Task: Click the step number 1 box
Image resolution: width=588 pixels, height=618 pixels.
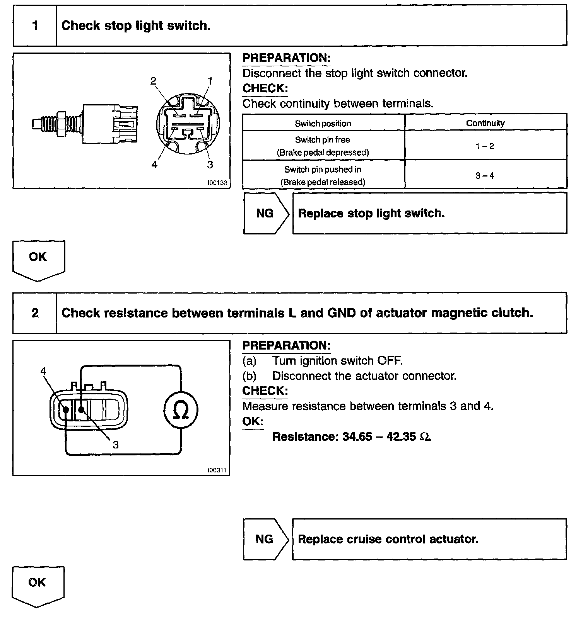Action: (35, 26)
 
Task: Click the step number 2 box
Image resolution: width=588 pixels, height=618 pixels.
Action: (35, 313)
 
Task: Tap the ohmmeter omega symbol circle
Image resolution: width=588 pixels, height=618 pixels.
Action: (181, 410)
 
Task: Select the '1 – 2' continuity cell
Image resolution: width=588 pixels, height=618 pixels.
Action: (485, 146)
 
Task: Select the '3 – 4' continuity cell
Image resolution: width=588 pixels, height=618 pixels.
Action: (485, 176)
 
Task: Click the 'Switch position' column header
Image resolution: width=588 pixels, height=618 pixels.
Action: (323, 124)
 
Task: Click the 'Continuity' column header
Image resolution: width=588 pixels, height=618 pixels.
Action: (485, 123)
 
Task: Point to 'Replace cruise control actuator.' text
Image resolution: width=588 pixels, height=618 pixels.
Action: (388, 539)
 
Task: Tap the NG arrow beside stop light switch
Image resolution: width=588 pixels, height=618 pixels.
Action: (266, 214)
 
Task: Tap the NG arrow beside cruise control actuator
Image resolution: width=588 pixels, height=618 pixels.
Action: (265, 539)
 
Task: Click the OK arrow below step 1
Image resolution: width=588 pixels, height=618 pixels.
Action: (38, 259)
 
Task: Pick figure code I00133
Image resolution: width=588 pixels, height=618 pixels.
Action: (217, 183)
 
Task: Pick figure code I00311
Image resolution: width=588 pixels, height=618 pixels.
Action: (217, 470)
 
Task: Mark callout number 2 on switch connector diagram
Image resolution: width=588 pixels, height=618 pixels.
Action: (153, 81)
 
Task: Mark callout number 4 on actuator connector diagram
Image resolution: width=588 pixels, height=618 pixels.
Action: (43, 371)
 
